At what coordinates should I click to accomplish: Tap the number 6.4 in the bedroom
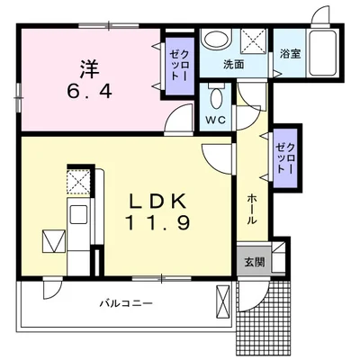click(90, 91)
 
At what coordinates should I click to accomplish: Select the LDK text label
click(157, 202)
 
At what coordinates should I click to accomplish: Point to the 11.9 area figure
click(157, 223)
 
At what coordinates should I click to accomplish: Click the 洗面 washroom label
click(234, 65)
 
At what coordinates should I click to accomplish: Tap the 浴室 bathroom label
click(291, 54)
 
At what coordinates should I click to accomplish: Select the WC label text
click(215, 120)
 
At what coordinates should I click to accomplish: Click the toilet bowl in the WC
click(216, 98)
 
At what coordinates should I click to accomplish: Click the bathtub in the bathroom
click(323, 53)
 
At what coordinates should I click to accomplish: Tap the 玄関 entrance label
click(255, 263)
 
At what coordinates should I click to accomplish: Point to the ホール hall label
click(252, 209)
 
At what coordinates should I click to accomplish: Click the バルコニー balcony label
click(126, 303)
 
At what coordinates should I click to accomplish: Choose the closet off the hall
click(287, 158)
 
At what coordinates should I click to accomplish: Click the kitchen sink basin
click(78, 215)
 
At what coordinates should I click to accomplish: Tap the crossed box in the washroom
click(254, 41)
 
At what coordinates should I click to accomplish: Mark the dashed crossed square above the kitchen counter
click(78, 181)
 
